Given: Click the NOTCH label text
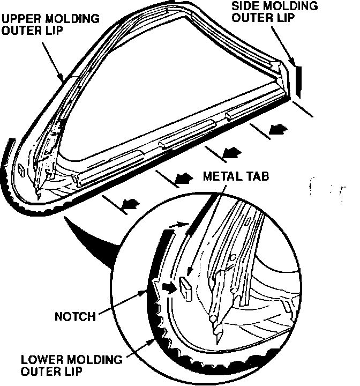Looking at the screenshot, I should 75,316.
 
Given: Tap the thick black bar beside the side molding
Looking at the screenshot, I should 298,81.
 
